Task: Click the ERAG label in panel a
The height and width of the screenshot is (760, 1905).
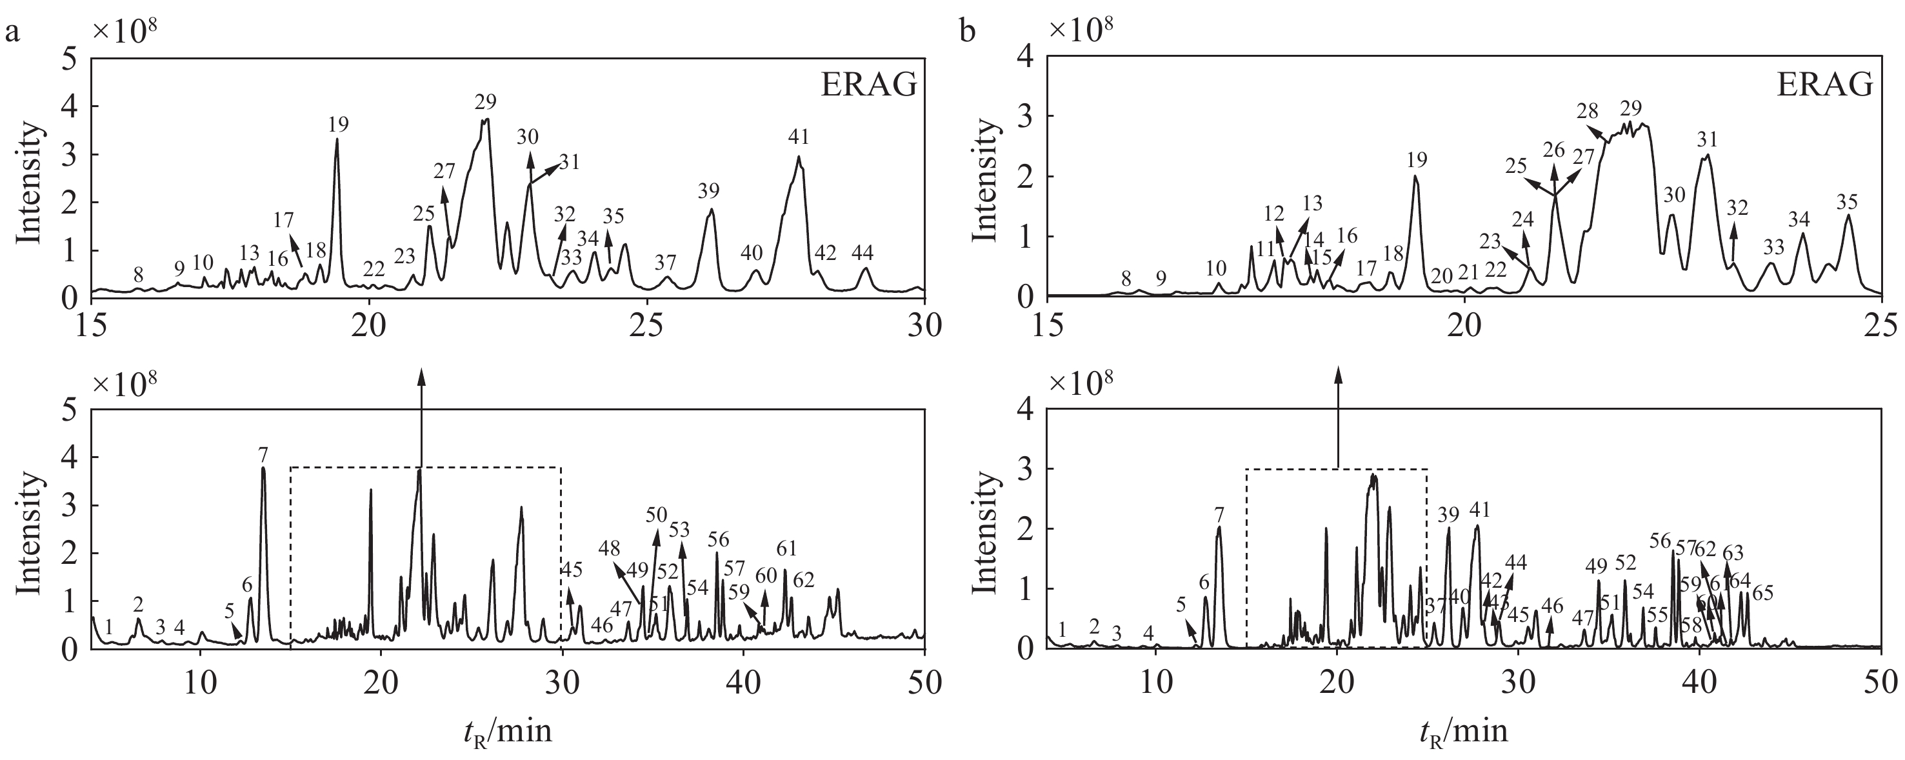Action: (868, 86)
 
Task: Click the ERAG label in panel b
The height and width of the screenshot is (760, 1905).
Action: (1824, 86)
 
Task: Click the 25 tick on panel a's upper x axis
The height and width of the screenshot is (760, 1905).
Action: (647, 325)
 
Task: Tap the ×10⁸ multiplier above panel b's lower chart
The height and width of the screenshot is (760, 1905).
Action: (1081, 381)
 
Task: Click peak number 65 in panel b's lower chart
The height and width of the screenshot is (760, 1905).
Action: (1762, 593)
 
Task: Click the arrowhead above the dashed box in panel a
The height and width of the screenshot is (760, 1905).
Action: (421, 375)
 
